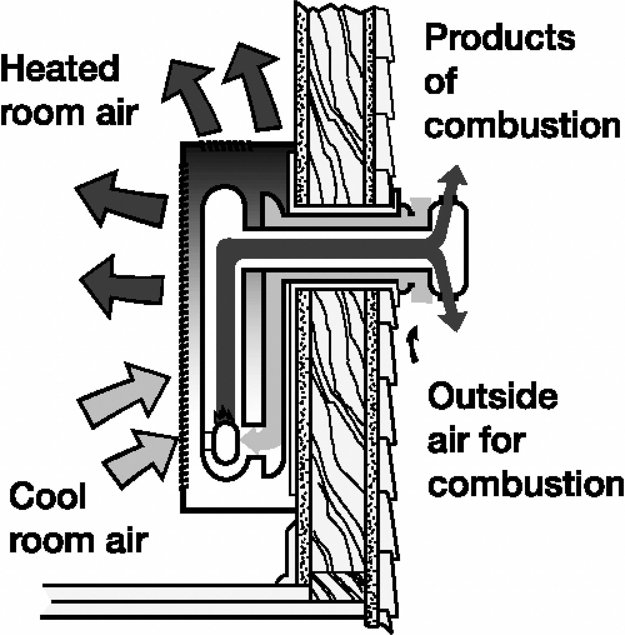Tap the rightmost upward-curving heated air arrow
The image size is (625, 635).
[x=253, y=85]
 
